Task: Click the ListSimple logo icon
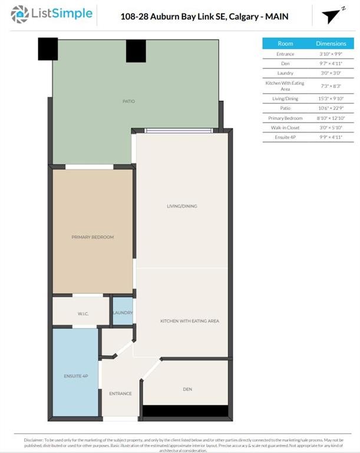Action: (x=21, y=13)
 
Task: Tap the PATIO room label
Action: (x=128, y=101)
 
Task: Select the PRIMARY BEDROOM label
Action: (x=93, y=237)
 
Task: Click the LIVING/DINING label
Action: (x=181, y=206)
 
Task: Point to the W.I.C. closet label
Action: (x=82, y=313)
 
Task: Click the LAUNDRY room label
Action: (x=123, y=313)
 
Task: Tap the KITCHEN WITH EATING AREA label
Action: (x=190, y=321)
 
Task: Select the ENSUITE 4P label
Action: (x=76, y=376)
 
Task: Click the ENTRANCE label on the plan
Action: (x=120, y=393)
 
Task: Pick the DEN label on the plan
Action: (x=187, y=389)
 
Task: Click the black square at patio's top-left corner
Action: (x=48, y=49)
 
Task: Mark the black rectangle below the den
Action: (x=185, y=411)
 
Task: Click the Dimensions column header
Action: (x=331, y=44)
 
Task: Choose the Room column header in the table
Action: (x=285, y=44)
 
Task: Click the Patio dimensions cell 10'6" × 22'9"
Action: (x=331, y=108)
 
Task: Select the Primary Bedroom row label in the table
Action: (x=285, y=118)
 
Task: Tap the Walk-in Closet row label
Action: (x=285, y=127)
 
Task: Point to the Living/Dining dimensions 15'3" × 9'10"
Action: (x=331, y=99)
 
